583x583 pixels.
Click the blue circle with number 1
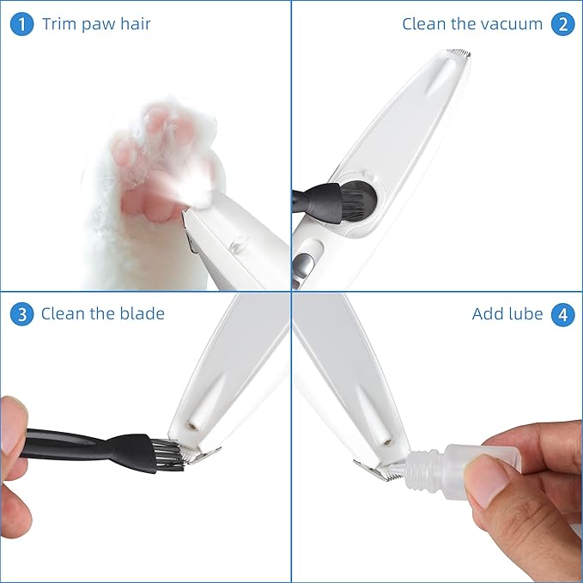(x=21, y=24)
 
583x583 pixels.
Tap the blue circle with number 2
(x=562, y=24)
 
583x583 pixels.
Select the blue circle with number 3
(x=21, y=314)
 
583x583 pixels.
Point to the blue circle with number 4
(x=562, y=314)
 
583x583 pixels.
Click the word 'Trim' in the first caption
(x=59, y=24)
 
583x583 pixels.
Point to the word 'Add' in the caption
(x=488, y=314)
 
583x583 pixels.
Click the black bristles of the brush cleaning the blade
(x=168, y=454)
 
